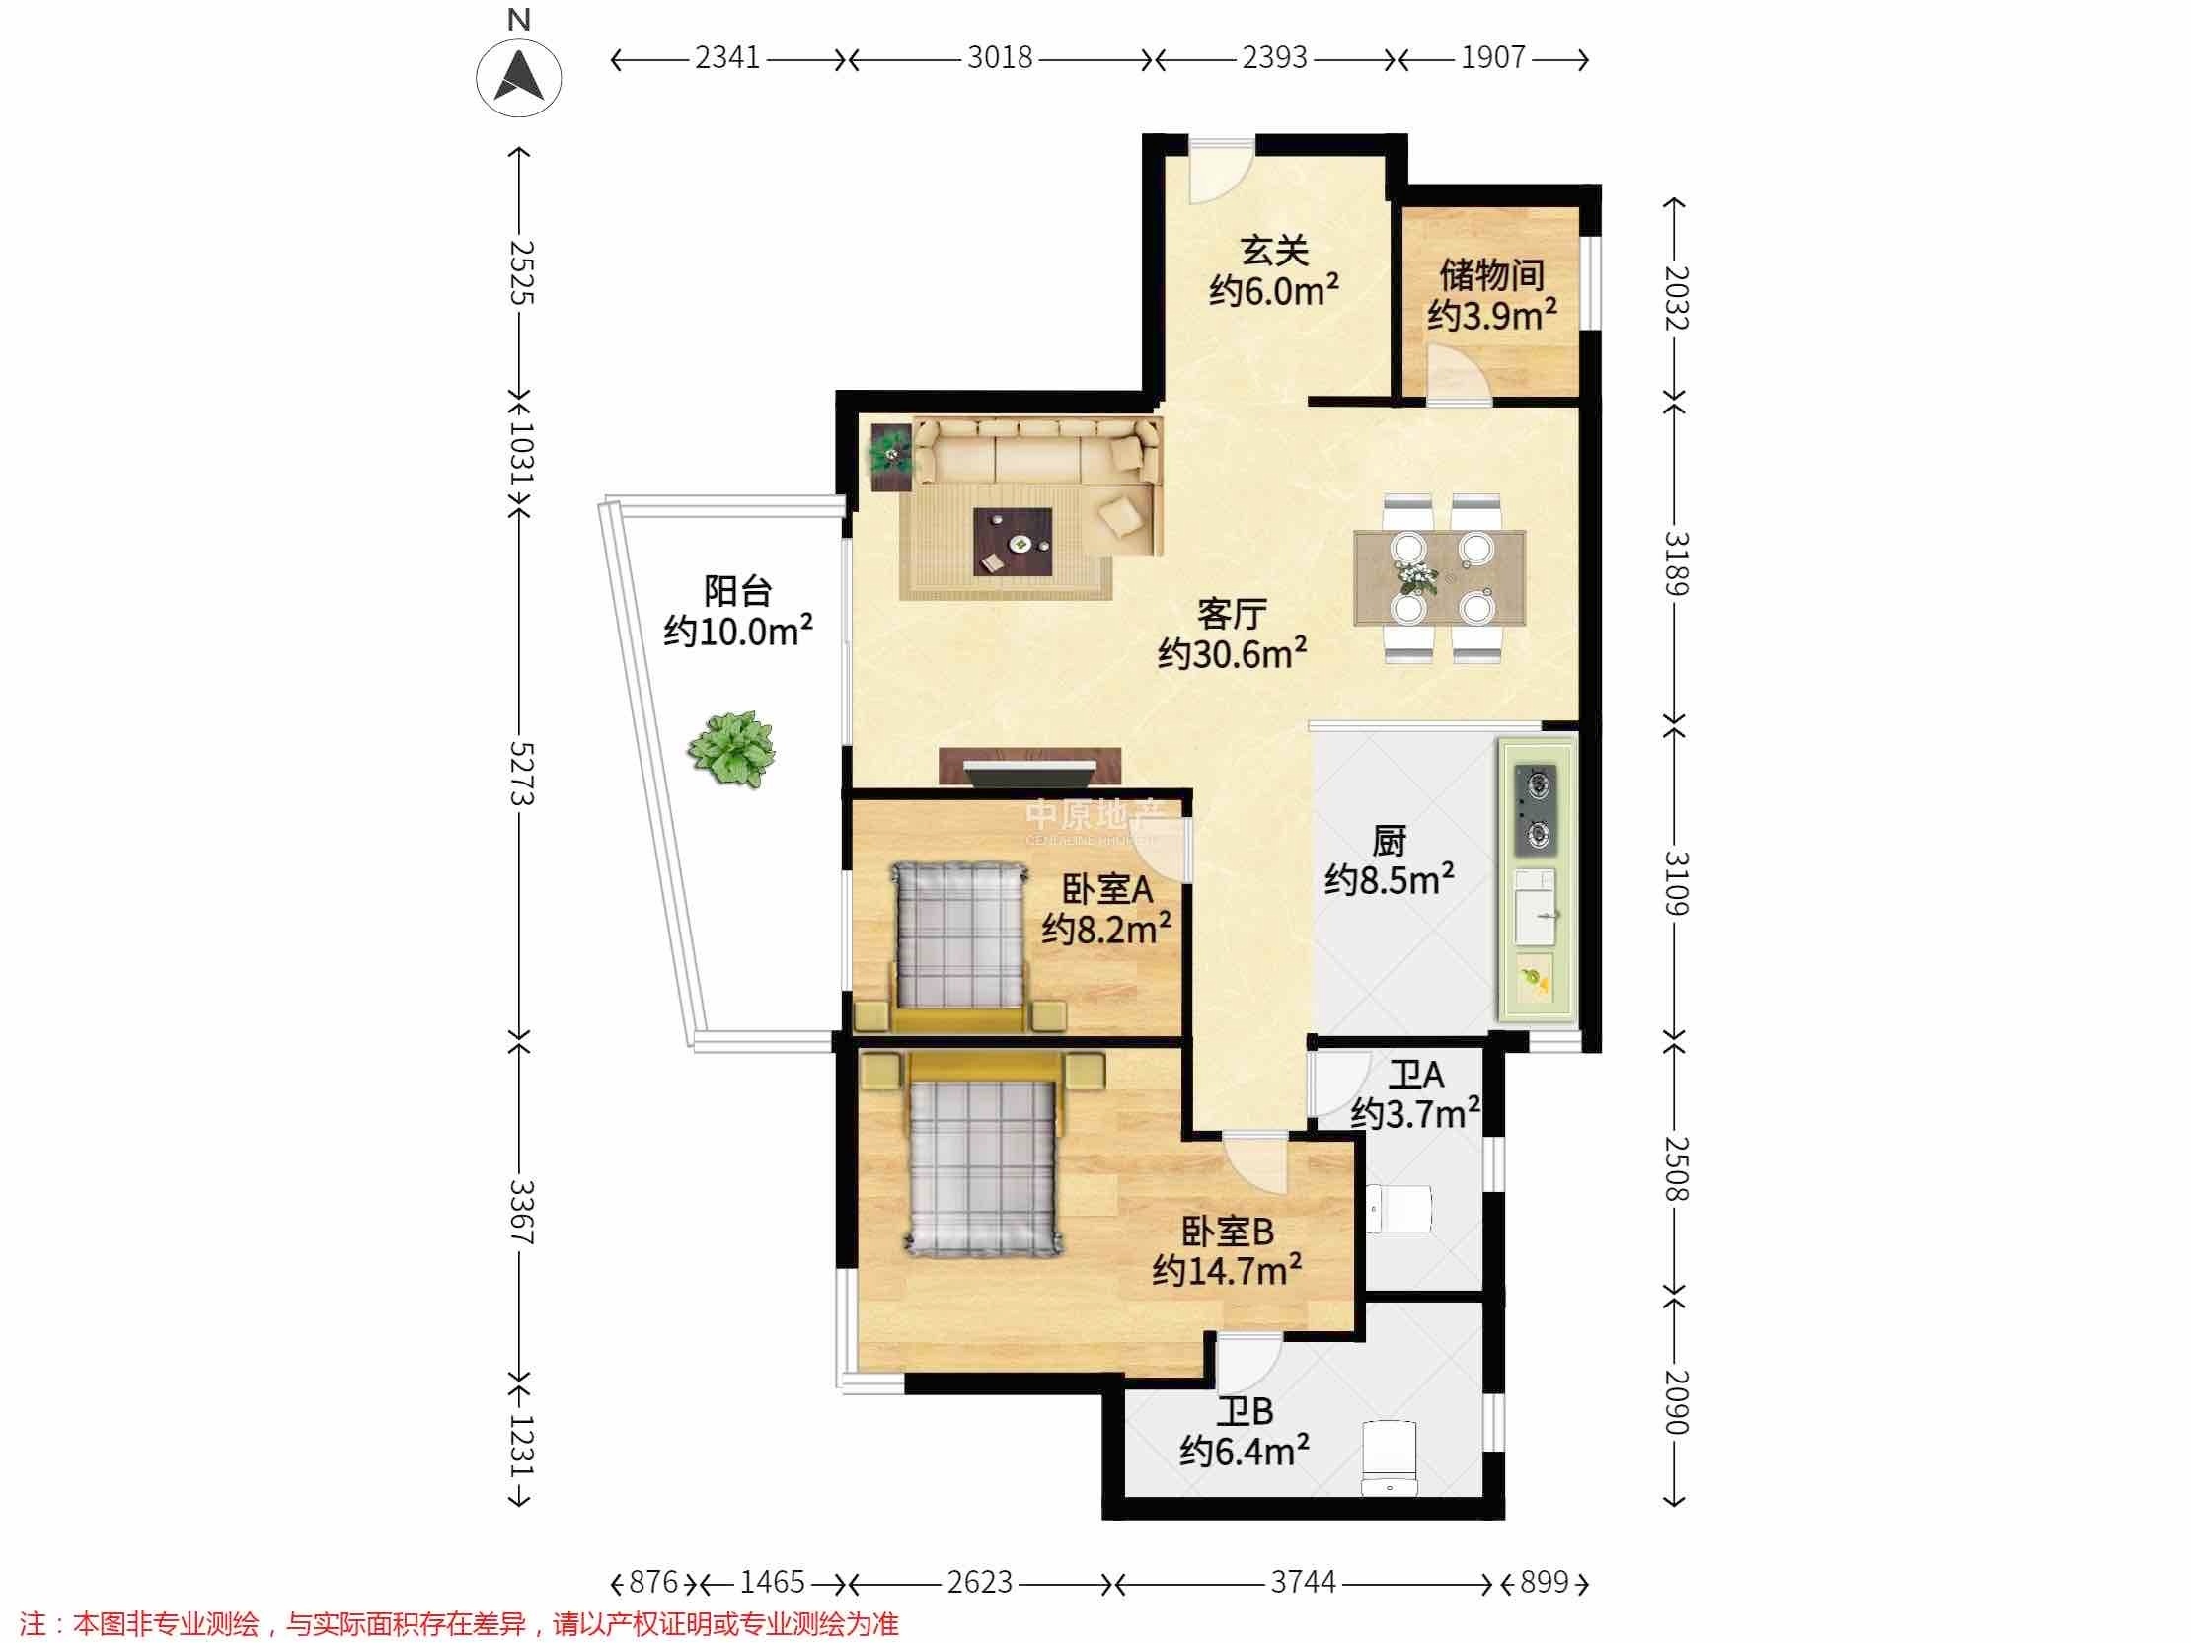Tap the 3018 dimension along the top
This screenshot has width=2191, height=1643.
point(1000,58)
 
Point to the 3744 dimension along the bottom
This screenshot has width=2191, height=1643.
point(1303,1582)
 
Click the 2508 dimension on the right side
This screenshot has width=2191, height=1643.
point(1675,1168)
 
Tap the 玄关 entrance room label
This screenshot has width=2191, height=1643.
point(1275,251)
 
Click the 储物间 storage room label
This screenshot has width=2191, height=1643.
point(1492,275)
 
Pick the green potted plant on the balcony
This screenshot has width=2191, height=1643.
point(732,749)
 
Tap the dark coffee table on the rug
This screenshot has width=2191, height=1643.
point(1013,542)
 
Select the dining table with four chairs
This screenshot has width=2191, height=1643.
point(1439,577)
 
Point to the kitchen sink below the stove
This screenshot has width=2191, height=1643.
point(1536,909)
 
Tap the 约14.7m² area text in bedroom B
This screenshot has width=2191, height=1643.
point(1226,1270)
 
